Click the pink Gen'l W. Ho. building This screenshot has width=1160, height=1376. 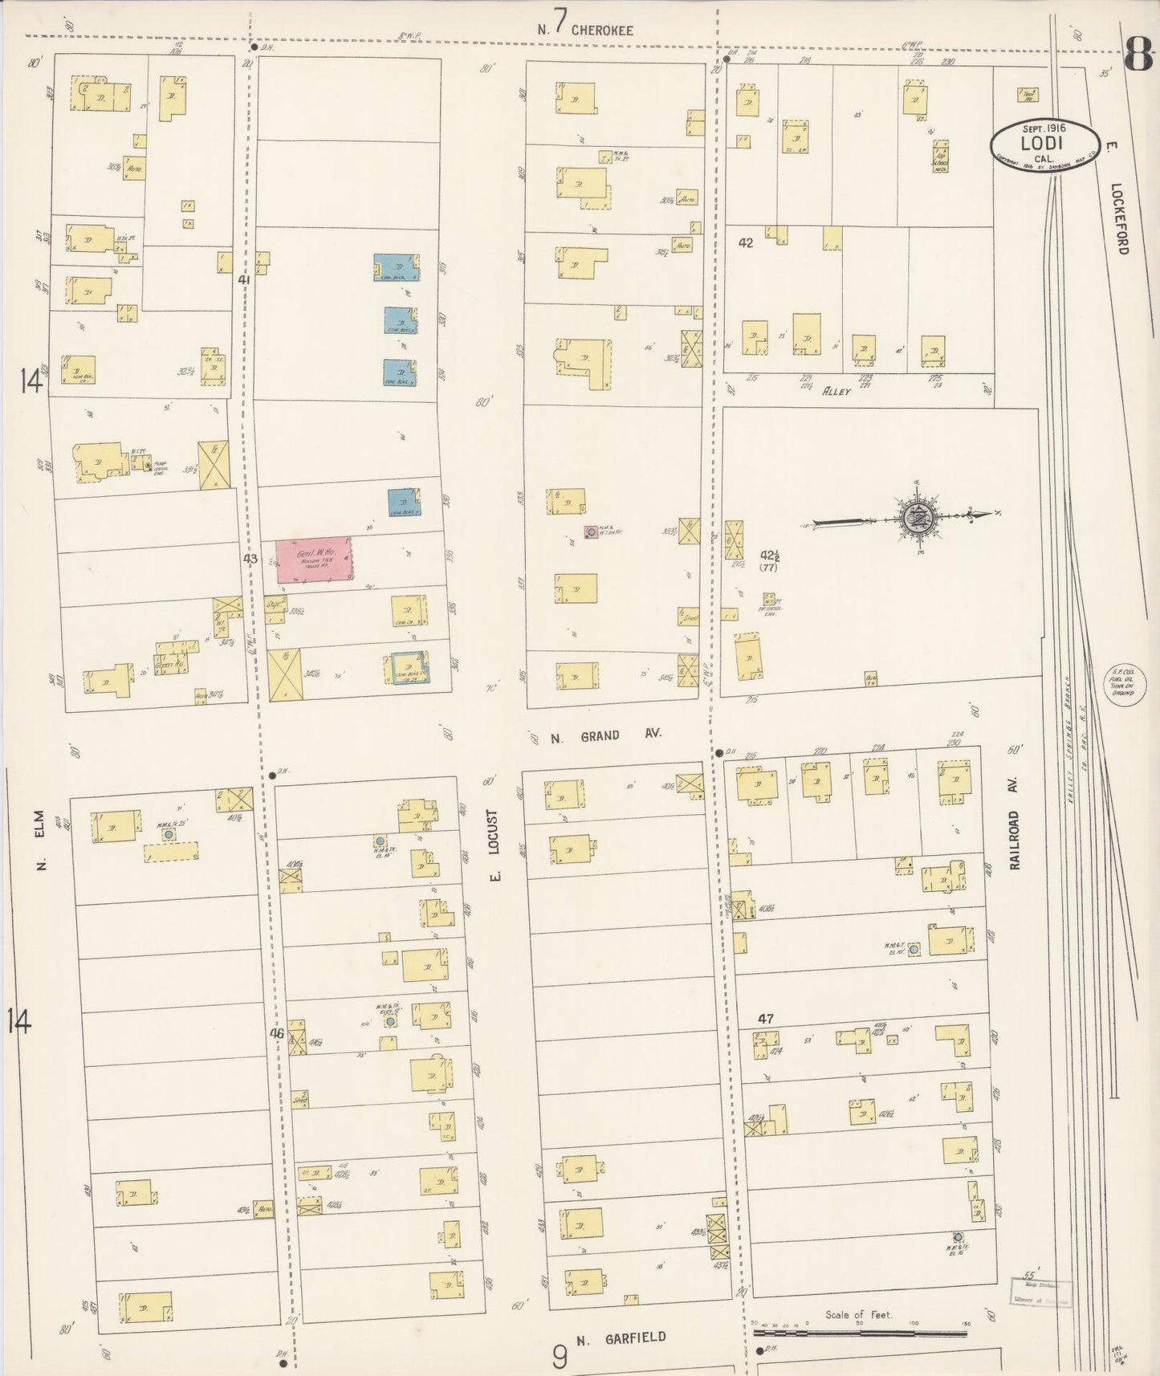314,559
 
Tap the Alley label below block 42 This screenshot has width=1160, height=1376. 836,392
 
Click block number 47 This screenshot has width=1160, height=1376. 766,1019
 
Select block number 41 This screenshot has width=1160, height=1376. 245,280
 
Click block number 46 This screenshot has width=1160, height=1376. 277,1034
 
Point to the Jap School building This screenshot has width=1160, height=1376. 939,157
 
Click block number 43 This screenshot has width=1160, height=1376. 250,558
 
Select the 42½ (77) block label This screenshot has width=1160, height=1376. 770,560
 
